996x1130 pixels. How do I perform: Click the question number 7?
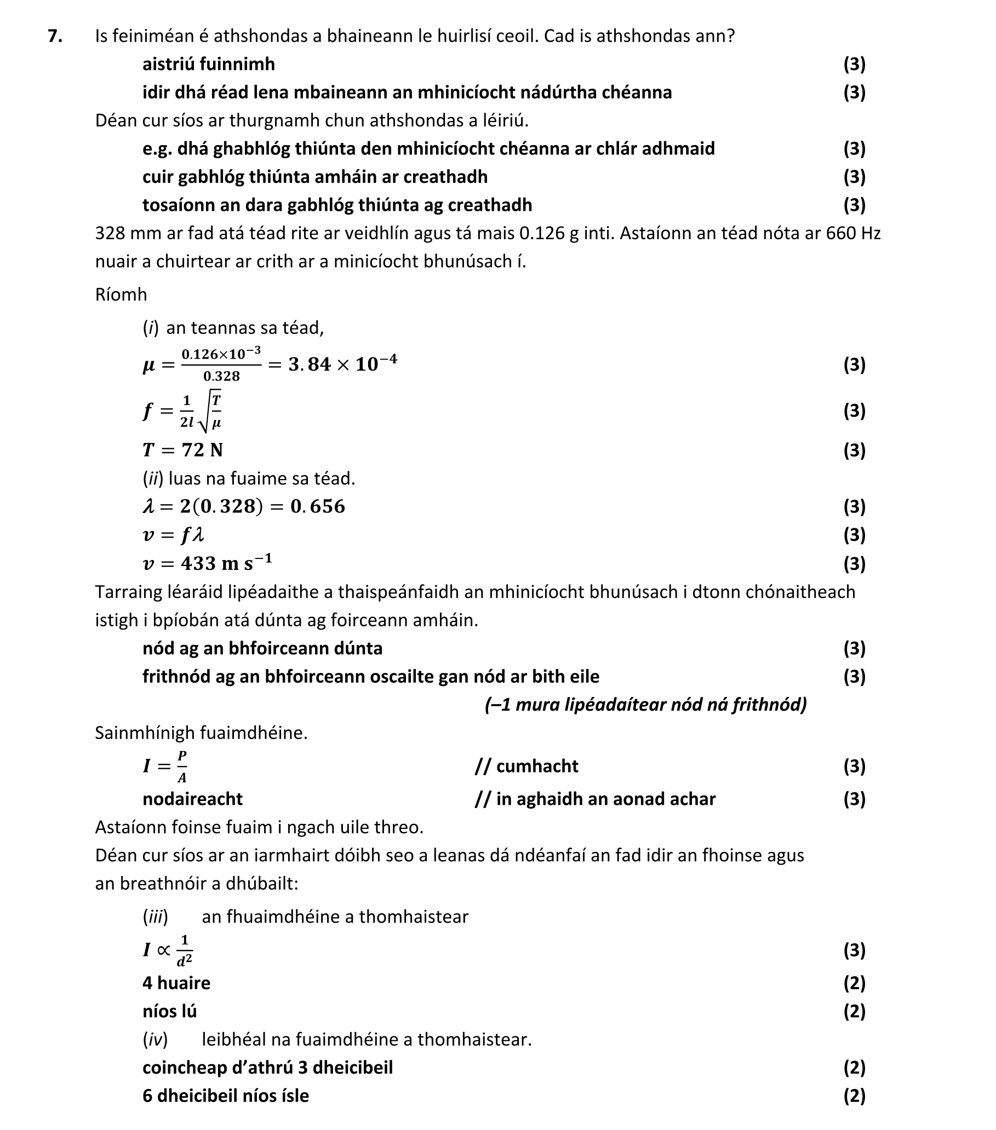(54, 36)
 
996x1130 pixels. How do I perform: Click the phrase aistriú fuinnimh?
(208, 64)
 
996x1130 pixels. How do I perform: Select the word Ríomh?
(121, 294)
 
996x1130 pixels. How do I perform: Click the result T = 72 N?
(182, 450)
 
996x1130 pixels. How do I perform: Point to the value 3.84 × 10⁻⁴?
(342, 364)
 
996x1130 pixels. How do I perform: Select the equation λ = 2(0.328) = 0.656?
(243, 506)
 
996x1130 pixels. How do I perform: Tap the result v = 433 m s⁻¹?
(207, 563)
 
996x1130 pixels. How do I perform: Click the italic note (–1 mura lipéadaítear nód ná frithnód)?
(645, 704)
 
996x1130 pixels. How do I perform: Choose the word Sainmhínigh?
(145, 733)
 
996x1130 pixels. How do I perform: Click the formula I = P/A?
(165, 766)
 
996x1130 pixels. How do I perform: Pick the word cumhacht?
(537, 766)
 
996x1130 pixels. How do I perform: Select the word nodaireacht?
(192, 799)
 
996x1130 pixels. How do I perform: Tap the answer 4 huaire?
(176, 983)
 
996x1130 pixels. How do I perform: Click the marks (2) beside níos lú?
(854, 1011)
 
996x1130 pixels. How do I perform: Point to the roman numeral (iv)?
(154, 1039)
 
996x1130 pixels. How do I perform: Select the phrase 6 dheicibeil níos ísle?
(225, 1096)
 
